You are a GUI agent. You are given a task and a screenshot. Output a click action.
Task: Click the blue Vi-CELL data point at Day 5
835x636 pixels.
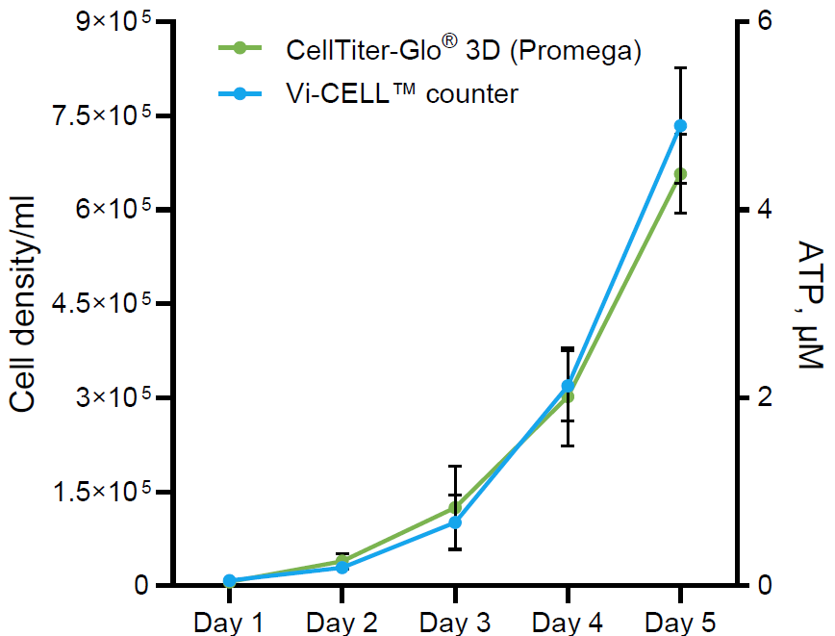click(x=680, y=126)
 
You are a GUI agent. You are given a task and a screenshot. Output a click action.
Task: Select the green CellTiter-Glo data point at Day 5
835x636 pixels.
click(x=680, y=174)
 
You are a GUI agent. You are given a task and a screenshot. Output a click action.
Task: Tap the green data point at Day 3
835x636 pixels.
click(x=455, y=508)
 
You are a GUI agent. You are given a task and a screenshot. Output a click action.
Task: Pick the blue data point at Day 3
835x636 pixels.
click(x=455, y=522)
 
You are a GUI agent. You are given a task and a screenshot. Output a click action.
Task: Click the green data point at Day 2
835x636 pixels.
click(x=342, y=561)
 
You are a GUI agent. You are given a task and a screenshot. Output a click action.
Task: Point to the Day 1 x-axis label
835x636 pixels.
click(x=229, y=622)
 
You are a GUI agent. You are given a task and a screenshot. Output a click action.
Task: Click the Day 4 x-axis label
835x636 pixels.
click(x=568, y=622)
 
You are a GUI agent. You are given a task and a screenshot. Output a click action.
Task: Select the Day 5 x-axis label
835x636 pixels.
click(x=680, y=622)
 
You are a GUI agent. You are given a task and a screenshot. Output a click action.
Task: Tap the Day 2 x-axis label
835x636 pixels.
click(x=342, y=622)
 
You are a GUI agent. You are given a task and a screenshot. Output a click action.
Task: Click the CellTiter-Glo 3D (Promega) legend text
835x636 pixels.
click(x=463, y=51)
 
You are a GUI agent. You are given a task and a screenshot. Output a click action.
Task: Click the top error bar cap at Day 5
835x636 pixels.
click(x=680, y=68)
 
